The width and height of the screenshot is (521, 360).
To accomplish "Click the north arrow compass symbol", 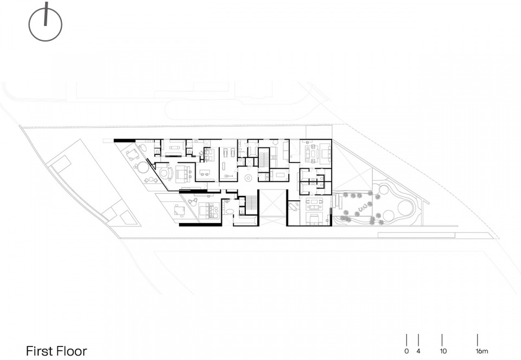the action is coord(46,23).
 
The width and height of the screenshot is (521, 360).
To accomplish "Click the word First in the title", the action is coord(40,351).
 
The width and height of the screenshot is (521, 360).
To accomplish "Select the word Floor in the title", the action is coord(72,351).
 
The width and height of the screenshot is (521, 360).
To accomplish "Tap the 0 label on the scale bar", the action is coord(406,351).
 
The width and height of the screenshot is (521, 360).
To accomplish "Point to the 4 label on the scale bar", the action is coord(418,351).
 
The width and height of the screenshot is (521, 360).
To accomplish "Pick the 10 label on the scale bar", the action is coord(443,351).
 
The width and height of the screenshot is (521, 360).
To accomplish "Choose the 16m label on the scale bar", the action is coord(481,351).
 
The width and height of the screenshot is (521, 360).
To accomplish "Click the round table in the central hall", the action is coord(247,178).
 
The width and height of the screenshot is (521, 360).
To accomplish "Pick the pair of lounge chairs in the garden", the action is coord(362,209).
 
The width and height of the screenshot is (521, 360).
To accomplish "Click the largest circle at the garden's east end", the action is coord(405,208).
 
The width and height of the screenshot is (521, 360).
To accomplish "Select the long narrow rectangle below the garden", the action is coord(416,235).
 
